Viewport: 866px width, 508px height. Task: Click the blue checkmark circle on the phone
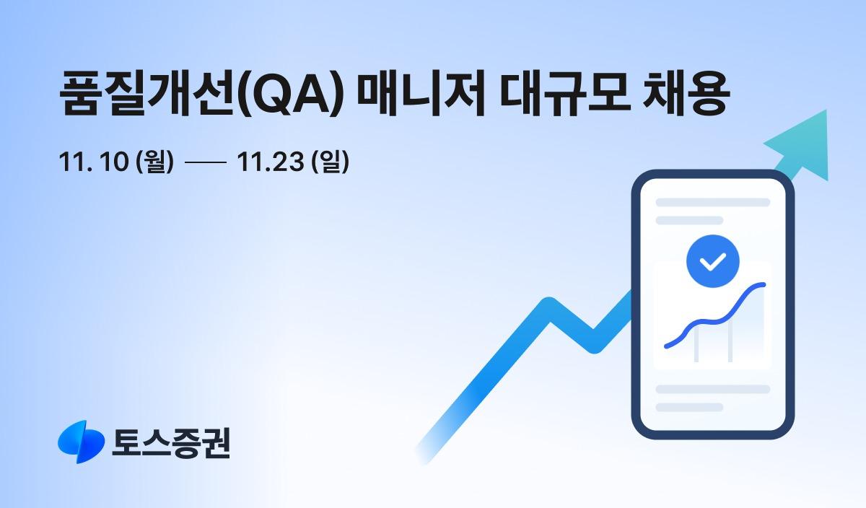[x=713, y=260]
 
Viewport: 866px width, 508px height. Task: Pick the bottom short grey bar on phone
[x=689, y=407]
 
